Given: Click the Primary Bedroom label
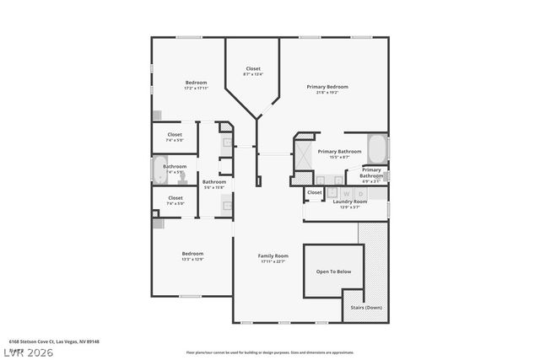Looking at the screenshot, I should [327, 87].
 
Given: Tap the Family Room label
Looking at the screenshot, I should [273, 255].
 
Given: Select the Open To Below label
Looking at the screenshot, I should [333, 271].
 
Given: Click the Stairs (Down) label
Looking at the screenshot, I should [366, 308].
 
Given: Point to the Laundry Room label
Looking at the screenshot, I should [349, 201].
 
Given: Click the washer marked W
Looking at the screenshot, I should [347, 193].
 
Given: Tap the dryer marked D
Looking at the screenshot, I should [361, 193].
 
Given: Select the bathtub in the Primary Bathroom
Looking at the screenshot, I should [377, 151].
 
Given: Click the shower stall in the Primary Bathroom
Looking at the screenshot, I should [301, 152].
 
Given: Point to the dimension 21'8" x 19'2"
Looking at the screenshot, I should [327, 93].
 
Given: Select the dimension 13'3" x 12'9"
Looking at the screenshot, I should [192, 259].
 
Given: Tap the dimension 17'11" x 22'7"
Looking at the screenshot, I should [273, 261].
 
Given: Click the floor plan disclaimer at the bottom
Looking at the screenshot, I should [270, 352].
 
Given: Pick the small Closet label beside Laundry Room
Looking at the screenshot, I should [314, 192].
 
